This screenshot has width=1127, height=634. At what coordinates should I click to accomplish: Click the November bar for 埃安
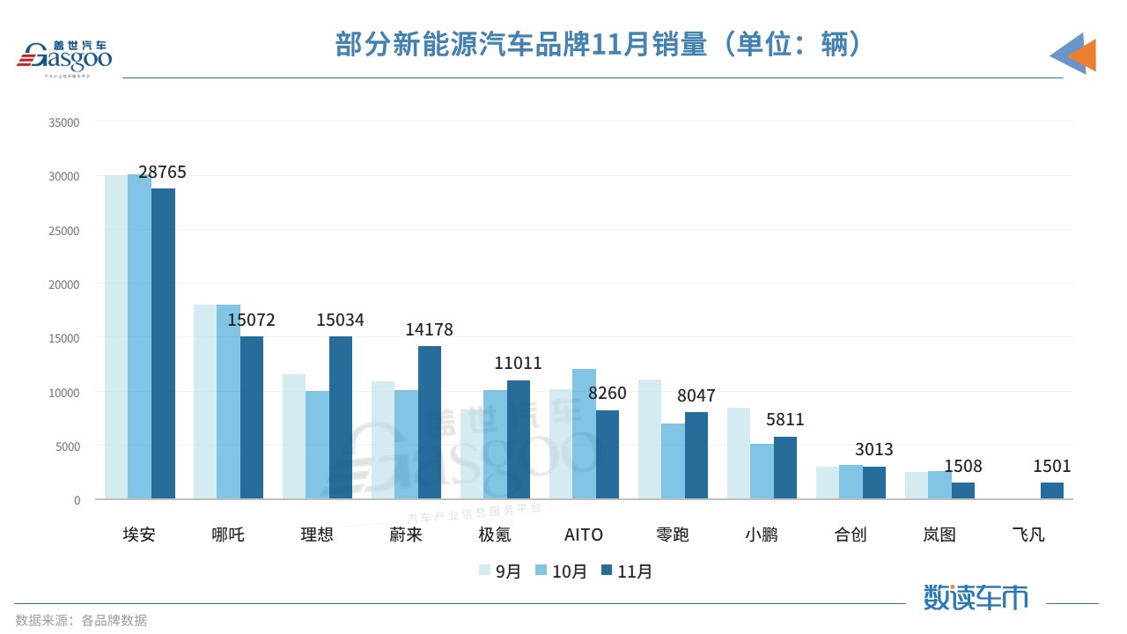(163, 343)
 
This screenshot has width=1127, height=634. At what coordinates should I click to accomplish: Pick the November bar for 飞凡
(1051, 490)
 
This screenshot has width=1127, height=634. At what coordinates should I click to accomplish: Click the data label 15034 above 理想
(340, 321)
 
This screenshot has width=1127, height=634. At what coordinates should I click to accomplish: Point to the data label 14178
(429, 330)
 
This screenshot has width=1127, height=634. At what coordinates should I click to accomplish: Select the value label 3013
(873, 450)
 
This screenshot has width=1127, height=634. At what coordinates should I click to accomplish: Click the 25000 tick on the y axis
(64, 231)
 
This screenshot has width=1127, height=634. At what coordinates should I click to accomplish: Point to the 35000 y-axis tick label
(64, 122)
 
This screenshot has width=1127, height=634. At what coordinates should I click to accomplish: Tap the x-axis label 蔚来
(406, 534)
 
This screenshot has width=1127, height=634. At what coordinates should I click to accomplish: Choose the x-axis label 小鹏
(762, 534)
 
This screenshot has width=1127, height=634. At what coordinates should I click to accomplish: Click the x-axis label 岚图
(939, 534)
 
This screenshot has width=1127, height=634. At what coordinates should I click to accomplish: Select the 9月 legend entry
(499, 571)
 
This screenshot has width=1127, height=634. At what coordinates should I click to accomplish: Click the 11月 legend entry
(626, 571)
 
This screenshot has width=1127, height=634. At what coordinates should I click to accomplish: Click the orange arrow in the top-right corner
(1082, 55)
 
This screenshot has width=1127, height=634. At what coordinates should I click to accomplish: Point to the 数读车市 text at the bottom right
(976, 597)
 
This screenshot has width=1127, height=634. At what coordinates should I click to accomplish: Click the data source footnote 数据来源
(81, 620)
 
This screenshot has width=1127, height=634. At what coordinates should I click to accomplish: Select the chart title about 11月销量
(598, 44)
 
